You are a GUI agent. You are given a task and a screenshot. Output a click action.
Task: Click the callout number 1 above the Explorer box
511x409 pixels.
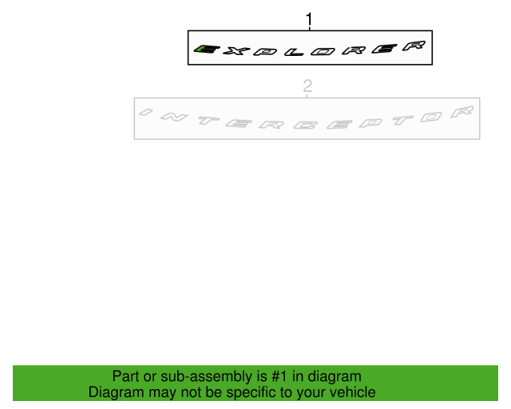pyautogui.click(x=309, y=19)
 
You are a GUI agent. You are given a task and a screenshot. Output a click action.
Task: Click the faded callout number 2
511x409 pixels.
pyautogui.click(x=307, y=86)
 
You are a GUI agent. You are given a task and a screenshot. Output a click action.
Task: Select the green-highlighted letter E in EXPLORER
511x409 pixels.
pyautogui.click(x=207, y=50)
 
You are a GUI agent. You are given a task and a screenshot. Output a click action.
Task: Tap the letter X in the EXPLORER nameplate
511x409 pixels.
pyautogui.click(x=236, y=51)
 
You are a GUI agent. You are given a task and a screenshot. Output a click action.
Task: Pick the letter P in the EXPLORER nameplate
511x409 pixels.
pyautogui.click(x=265, y=52)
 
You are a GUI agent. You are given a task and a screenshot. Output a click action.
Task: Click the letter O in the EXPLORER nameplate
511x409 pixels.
pyautogui.click(x=323, y=52)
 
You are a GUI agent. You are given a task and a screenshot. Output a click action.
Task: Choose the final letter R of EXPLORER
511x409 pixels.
pyautogui.click(x=414, y=46)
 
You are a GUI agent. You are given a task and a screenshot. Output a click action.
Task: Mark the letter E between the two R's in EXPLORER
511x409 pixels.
pyautogui.click(x=385, y=49)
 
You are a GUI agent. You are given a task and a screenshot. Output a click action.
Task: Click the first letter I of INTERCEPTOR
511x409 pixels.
pyautogui.click(x=145, y=112)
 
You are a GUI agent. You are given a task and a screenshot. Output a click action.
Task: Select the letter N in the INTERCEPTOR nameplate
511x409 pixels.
pyautogui.click(x=174, y=117)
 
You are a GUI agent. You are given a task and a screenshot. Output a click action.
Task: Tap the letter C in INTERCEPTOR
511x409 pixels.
pyautogui.click(x=305, y=125)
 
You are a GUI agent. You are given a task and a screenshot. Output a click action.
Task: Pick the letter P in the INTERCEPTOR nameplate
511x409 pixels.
pyautogui.click(x=370, y=123)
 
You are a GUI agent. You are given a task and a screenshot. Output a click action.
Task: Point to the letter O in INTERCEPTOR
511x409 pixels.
pyautogui.click(x=431, y=117)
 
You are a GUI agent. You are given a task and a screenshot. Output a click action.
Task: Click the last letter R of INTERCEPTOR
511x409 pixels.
pyautogui.click(x=462, y=112)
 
